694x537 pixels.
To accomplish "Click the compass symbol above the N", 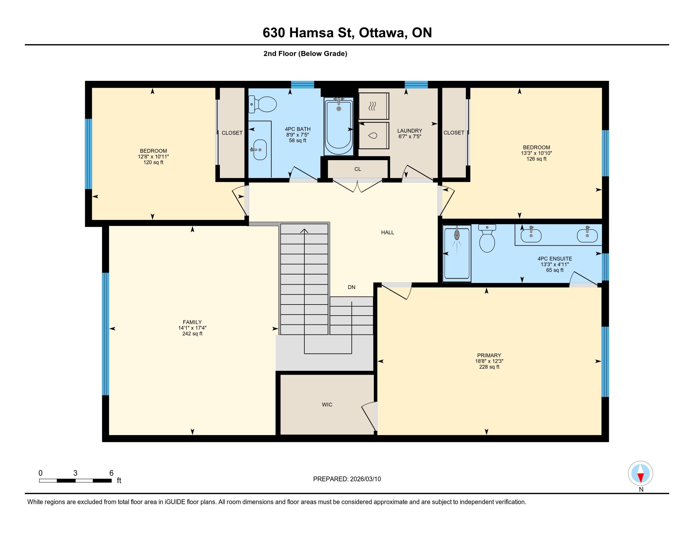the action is tap(640, 473).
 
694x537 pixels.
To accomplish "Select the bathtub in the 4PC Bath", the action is tap(339, 127).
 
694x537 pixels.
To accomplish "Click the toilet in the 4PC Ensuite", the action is tap(487, 238).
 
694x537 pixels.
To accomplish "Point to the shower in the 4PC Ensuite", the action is tap(457, 253).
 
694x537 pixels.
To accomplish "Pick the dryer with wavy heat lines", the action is tap(374, 106).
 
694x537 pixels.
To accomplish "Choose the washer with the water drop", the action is tap(374, 136).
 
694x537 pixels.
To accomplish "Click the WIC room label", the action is tap(327, 405).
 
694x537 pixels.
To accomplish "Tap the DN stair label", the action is tap(351, 287).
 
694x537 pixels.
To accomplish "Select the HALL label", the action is tap(388, 232).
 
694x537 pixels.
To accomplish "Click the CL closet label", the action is tap(358, 169).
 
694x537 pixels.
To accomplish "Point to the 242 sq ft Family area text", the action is tap(192, 334).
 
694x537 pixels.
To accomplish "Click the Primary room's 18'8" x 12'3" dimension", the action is tap(489, 361).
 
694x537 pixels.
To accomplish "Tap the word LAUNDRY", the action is tap(409, 131).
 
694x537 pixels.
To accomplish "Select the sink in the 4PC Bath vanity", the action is tap(260, 149).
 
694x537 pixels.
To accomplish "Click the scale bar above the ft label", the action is tap(75, 480).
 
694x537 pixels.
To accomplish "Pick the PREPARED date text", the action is tap(347, 479).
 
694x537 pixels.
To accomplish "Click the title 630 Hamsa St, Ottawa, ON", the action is tap(347, 33).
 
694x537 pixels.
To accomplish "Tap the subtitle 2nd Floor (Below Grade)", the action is tap(305, 54).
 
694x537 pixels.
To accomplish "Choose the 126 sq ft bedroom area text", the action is tap(536, 159).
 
